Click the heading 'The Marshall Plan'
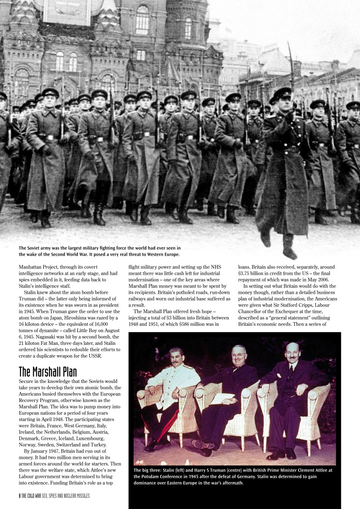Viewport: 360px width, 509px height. point(48,371)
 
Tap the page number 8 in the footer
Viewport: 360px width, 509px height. point(20,496)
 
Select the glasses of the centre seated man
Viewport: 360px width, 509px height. point(239,354)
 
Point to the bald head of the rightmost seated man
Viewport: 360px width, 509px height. point(292,347)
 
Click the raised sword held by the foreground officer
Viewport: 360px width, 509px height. point(291,64)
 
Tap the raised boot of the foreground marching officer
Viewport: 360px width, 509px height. point(289,251)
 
